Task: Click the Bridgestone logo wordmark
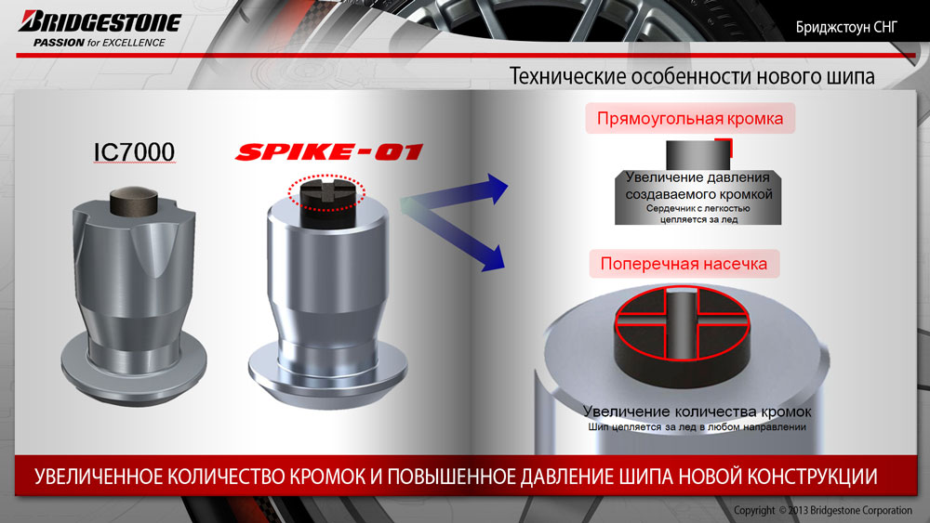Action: [100, 21]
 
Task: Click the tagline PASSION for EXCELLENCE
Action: [100, 43]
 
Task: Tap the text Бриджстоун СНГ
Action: [846, 27]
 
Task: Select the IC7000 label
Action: [135, 152]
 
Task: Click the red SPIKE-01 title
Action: [329, 151]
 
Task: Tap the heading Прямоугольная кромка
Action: [690, 119]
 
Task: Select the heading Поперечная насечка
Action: [684, 264]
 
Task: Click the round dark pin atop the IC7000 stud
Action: [134, 202]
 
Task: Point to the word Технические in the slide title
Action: [567, 77]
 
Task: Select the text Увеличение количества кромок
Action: [697, 412]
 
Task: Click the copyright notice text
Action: [823, 510]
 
